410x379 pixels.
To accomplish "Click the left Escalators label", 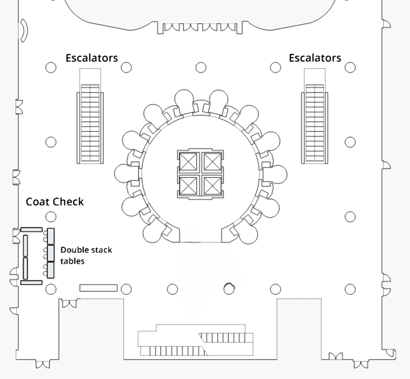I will [92, 58].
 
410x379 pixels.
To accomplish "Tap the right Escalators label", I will [315, 58].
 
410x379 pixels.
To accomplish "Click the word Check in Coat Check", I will [68, 202].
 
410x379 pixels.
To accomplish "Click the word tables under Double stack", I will [72, 261].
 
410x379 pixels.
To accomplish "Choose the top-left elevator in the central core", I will [189, 162].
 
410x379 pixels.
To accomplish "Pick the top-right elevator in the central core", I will [211, 162].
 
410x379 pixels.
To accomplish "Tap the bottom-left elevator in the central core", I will [189, 186].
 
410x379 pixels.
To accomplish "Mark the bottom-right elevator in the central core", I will [211, 186].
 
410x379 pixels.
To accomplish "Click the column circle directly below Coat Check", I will [51, 217].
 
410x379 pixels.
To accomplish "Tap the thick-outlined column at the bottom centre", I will [229, 289].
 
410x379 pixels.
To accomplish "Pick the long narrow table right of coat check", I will [99, 288].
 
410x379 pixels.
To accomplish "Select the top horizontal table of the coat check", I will [32, 229].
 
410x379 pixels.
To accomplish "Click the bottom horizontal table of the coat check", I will [32, 282].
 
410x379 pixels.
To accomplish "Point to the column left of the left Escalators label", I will [51, 67].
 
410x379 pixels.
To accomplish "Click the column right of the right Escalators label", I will [350, 67].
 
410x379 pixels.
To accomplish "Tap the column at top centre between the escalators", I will [201, 67].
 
